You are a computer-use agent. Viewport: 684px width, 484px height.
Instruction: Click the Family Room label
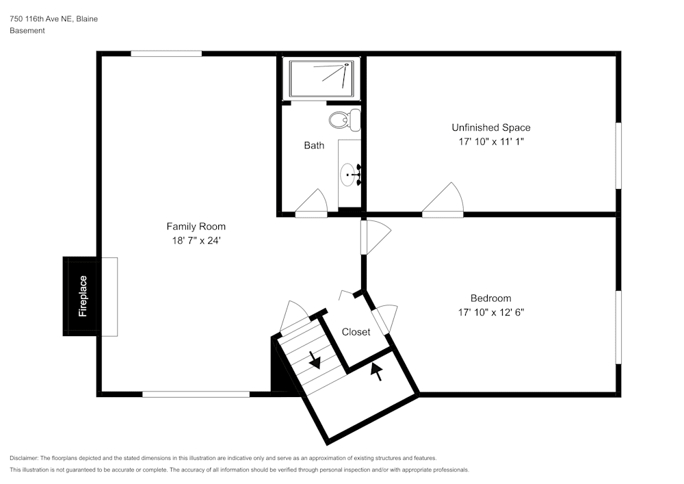coord(196,227)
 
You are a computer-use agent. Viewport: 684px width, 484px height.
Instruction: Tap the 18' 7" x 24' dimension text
coord(196,241)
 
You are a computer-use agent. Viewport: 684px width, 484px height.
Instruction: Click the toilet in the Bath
coord(344,120)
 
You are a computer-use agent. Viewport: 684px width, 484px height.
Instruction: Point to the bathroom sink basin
coord(350,175)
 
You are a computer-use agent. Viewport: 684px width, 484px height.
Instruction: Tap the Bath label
coord(314,146)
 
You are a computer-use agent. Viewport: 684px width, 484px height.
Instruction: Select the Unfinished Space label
coord(490,127)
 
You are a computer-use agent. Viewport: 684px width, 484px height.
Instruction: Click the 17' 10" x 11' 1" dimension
coord(490,142)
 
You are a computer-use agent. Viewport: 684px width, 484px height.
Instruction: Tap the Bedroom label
coord(490,298)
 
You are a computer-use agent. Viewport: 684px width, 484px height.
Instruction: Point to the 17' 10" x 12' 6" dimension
coord(490,313)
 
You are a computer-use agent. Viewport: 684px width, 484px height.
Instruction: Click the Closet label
coord(356,332)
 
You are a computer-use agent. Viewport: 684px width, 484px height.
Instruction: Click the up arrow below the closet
coord(376,372)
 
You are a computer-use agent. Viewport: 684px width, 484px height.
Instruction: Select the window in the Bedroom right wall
coord(619,327)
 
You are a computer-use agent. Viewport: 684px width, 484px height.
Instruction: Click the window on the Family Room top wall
coord(166,53)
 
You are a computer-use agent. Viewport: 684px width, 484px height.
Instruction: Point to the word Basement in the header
coord(27,31)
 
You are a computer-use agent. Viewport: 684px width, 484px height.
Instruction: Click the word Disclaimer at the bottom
coord(24,458)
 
